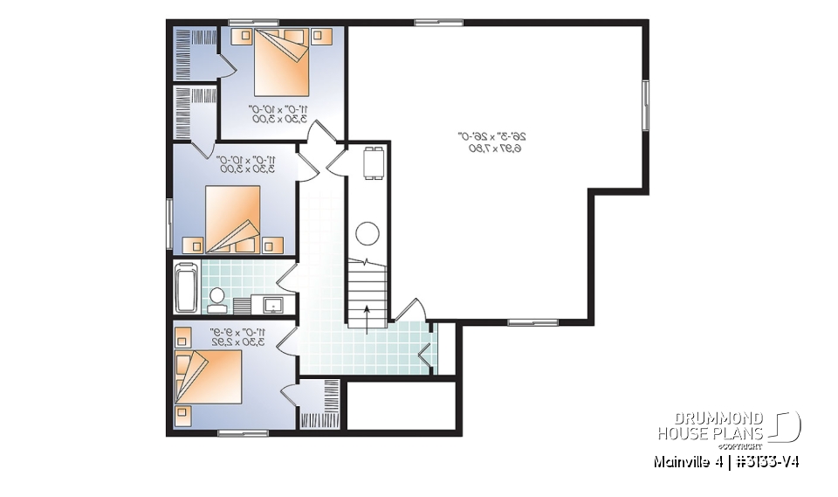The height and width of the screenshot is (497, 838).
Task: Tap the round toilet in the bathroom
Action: [x=216, y=296]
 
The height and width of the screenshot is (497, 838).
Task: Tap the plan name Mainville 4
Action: [x=684, y=461]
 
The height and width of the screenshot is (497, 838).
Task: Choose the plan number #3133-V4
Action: [x=765, y=461]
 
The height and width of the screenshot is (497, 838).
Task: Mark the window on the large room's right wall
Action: [x=646, y=106]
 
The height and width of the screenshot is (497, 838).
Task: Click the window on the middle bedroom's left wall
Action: [x=168, y=224]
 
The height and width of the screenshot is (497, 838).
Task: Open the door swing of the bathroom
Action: [x=287, y=278]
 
